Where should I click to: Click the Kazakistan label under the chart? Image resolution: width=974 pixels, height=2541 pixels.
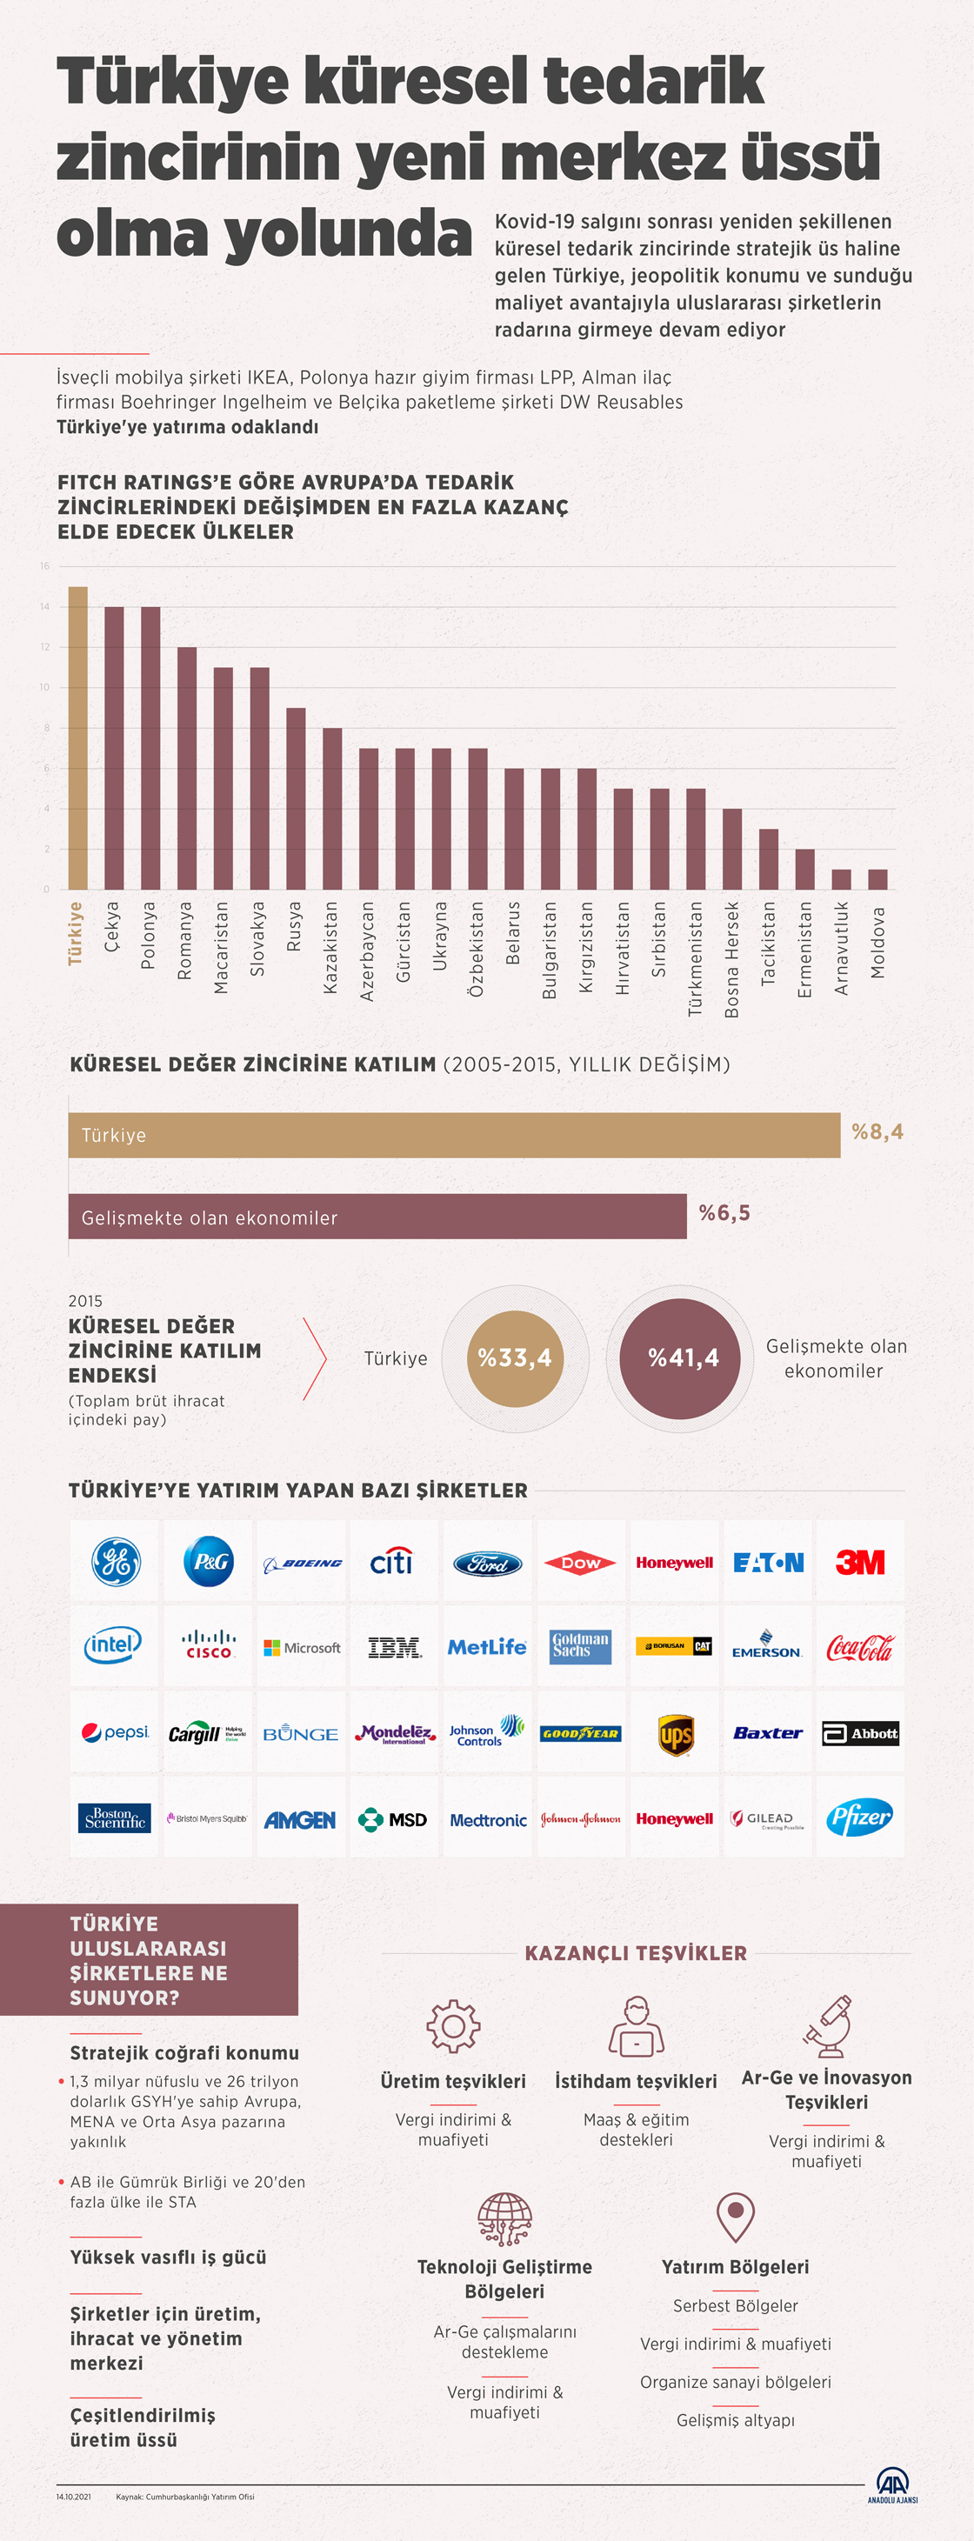pos(331,947)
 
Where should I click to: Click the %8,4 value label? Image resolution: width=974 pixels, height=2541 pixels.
pos(877,1131)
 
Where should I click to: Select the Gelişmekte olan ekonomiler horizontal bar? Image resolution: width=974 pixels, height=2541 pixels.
pos(377,1217)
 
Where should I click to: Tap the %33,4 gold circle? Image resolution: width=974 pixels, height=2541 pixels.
pos(514,1358)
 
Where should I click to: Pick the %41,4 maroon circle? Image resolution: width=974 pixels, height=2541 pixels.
pos(682,1358)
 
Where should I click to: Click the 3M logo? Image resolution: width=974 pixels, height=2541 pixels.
pos(859,1563)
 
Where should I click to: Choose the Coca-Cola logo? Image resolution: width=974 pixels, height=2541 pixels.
pos(859,1647)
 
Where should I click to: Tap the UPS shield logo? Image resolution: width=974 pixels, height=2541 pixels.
pos(675,1734)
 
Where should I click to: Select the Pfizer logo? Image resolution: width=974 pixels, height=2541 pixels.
pos(859,1818)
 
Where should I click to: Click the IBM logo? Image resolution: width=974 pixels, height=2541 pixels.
pos(394,1647)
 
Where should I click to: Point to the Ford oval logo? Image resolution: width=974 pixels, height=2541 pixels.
pos(488,1564)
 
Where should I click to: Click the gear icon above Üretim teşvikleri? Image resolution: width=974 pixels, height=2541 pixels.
pos(453,2026)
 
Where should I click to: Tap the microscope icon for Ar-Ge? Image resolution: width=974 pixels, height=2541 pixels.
pos(827,2026)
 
